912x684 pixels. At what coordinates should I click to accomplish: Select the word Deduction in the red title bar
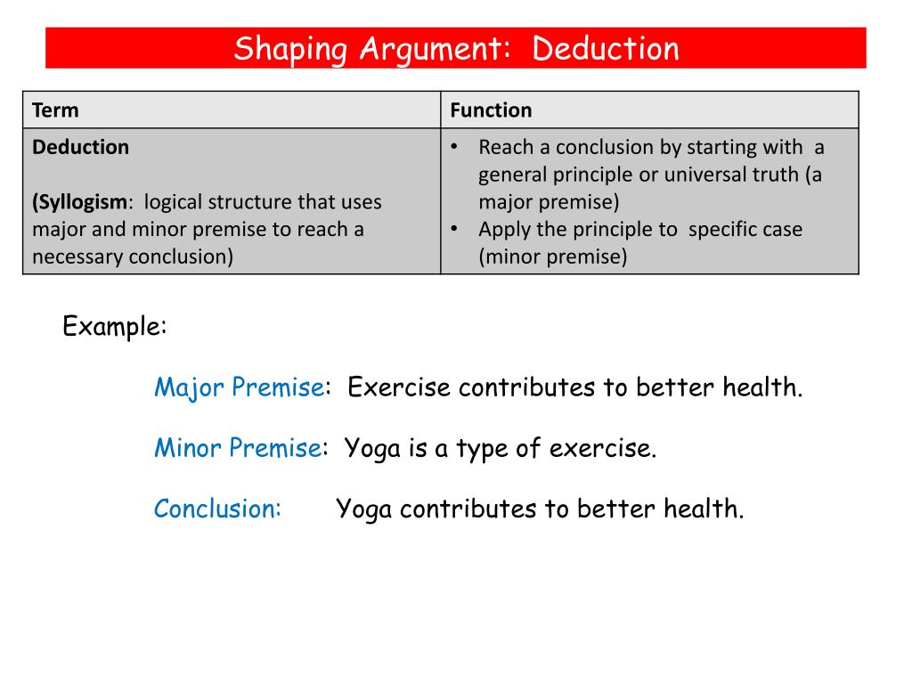click(606, 49)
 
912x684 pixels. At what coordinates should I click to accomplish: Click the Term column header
click(55, 110)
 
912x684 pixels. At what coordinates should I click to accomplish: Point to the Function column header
click(491, 110)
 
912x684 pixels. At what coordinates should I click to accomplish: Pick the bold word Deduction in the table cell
click(80, 147)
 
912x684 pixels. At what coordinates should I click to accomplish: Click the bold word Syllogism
click(81, 202)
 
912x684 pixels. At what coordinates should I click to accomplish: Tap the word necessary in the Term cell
click(78, 257)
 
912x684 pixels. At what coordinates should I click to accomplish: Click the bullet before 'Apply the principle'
click(454, 229)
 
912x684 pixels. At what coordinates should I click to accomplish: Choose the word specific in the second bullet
click(722, 230)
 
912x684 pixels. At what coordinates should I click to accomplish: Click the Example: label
click(115, 327)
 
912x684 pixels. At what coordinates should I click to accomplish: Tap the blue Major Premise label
click(239, 387)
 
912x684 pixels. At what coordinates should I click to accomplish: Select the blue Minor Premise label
click(237, 448)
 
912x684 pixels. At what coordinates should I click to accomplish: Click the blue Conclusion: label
click(217, 509)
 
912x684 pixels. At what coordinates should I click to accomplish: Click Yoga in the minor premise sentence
click(374, 448)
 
